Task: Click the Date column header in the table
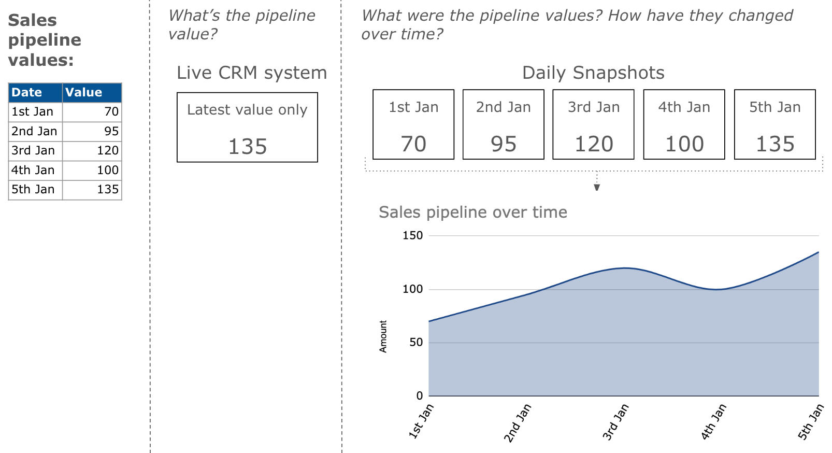(27, 93)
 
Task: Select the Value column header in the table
(83, 93)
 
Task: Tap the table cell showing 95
(111, 132)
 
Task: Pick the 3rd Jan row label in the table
(33, 151)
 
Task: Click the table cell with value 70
(111, 112)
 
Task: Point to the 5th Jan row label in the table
(33, 190)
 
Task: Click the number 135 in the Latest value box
(248, 147)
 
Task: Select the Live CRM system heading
(252, 73)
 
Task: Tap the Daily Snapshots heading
(593, 73)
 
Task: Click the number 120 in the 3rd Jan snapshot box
(594, 144)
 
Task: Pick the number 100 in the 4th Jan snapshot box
(684, 144)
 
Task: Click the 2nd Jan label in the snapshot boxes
(504, 107)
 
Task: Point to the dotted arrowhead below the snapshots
(597, 187)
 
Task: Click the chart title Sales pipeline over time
(472, 213)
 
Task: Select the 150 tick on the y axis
(413, 236)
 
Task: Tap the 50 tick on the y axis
(416, 343)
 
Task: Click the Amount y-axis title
(383, 336)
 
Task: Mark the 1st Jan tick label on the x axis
(421, 421)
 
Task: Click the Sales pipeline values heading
(45, 40)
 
